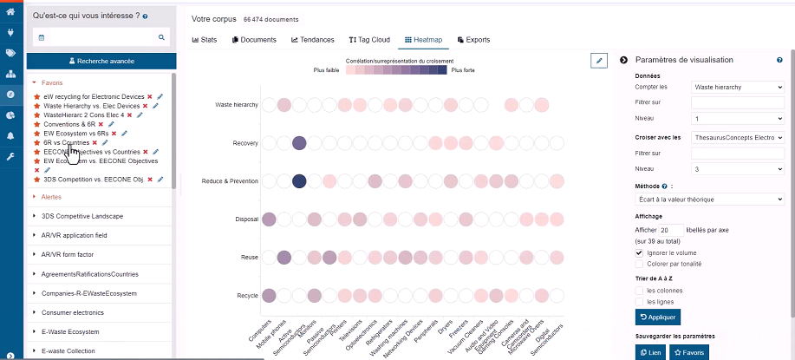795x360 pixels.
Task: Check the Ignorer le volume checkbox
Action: coord(639,252)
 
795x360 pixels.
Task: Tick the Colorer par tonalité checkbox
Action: coord(639,264)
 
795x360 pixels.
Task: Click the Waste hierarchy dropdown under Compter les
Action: coord(738,87)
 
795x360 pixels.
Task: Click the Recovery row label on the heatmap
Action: coord(245,143)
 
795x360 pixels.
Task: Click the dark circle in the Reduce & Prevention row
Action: coord(300,181)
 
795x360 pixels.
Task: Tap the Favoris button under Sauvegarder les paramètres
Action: coord(690,352)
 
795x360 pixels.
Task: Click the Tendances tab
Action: coord(312,40)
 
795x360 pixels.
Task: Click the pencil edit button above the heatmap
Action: coord(598,60)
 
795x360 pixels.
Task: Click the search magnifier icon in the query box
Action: coord(161,37)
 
